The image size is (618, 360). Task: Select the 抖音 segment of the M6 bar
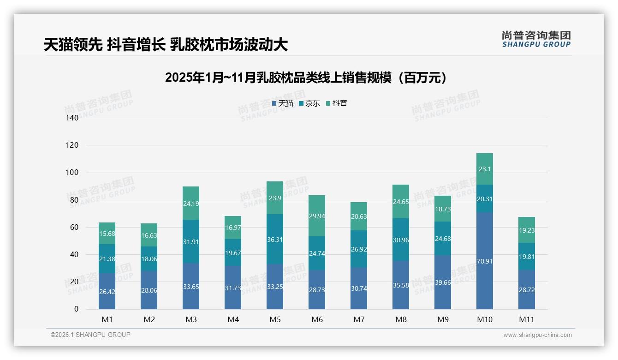click(x=316, y=216)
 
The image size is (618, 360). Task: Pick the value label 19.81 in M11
click(x=526, y=257)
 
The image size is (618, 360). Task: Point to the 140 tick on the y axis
click(x=73, y=118)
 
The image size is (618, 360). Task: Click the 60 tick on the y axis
click(x=75, y=228)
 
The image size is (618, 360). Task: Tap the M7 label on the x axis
click(x=358, y=319)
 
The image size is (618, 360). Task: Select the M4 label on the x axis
click(x=232, y=319)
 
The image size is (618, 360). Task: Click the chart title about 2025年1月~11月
click(x=306, y=78)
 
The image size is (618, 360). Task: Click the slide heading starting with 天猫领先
click(x=166, y=45)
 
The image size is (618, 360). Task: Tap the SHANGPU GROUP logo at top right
click(x=536, y=39)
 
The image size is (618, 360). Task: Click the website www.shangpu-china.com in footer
click(x=537, y=335)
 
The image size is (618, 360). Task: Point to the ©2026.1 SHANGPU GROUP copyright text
click(x=90, y=335)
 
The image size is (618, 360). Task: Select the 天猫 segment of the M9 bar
click(x=442, y=282)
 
